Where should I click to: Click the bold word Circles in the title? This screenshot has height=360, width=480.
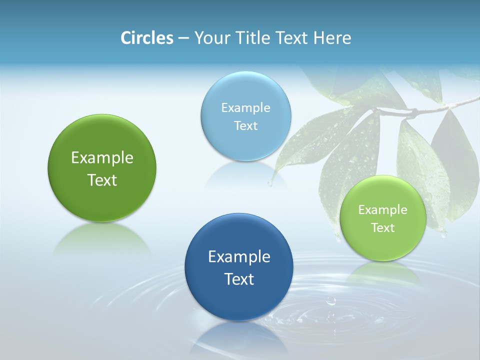[x=147, y=38]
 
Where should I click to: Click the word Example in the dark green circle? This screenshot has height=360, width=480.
[x=102, y=158]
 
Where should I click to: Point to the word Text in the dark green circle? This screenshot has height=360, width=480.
[x=102, y=180]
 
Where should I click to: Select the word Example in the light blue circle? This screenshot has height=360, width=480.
[x=245, y=108]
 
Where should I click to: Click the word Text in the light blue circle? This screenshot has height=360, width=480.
[x=245, y=126]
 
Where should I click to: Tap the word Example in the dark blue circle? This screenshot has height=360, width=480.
[x=239, y=257]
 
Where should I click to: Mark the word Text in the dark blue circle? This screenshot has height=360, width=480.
[x=239, y=279]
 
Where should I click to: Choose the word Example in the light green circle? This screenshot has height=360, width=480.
[x=382, y=210]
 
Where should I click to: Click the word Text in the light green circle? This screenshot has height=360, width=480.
[x=382, y=228]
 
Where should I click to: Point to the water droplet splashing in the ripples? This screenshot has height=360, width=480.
[x=330, y=301]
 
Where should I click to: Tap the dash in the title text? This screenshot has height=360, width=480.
[x=183, y=38]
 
